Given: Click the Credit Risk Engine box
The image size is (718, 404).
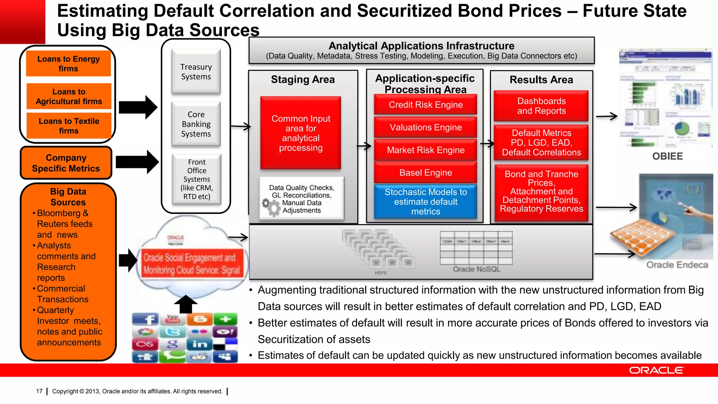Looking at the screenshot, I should tap(425, 105).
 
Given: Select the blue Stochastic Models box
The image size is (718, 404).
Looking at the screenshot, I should tap(425, 202).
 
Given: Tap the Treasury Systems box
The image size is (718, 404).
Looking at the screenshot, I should tap(196, 72).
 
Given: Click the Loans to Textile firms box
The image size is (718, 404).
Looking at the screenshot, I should tap(69, 126).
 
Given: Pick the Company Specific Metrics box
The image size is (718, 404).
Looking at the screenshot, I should tap(66, 163).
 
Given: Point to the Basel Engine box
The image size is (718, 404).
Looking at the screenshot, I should tap(425, 173).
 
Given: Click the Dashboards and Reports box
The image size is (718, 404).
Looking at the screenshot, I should tap(541, 106).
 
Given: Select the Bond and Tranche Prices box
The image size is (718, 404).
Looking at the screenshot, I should tap(541, 192).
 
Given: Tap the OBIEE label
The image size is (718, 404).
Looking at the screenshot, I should tap(667, 156).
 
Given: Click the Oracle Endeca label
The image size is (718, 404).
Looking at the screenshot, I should tap(677, 265).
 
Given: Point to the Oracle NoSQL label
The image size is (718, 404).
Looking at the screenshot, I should tap(476, 269).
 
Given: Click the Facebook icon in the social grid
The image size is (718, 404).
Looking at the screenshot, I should tap(145, 319).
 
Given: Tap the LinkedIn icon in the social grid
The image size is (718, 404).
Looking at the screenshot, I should tap(199, 344).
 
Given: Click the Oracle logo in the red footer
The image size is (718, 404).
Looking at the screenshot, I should tap(656, 370).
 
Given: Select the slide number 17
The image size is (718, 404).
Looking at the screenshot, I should tap(39, 391).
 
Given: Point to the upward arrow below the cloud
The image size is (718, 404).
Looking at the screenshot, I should tap(186, 304).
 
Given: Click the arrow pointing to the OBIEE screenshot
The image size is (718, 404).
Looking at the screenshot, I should tap(607, 116).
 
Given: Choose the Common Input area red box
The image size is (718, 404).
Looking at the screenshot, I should tap(300, 133).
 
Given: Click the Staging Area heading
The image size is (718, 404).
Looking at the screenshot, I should tap(303, 80).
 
